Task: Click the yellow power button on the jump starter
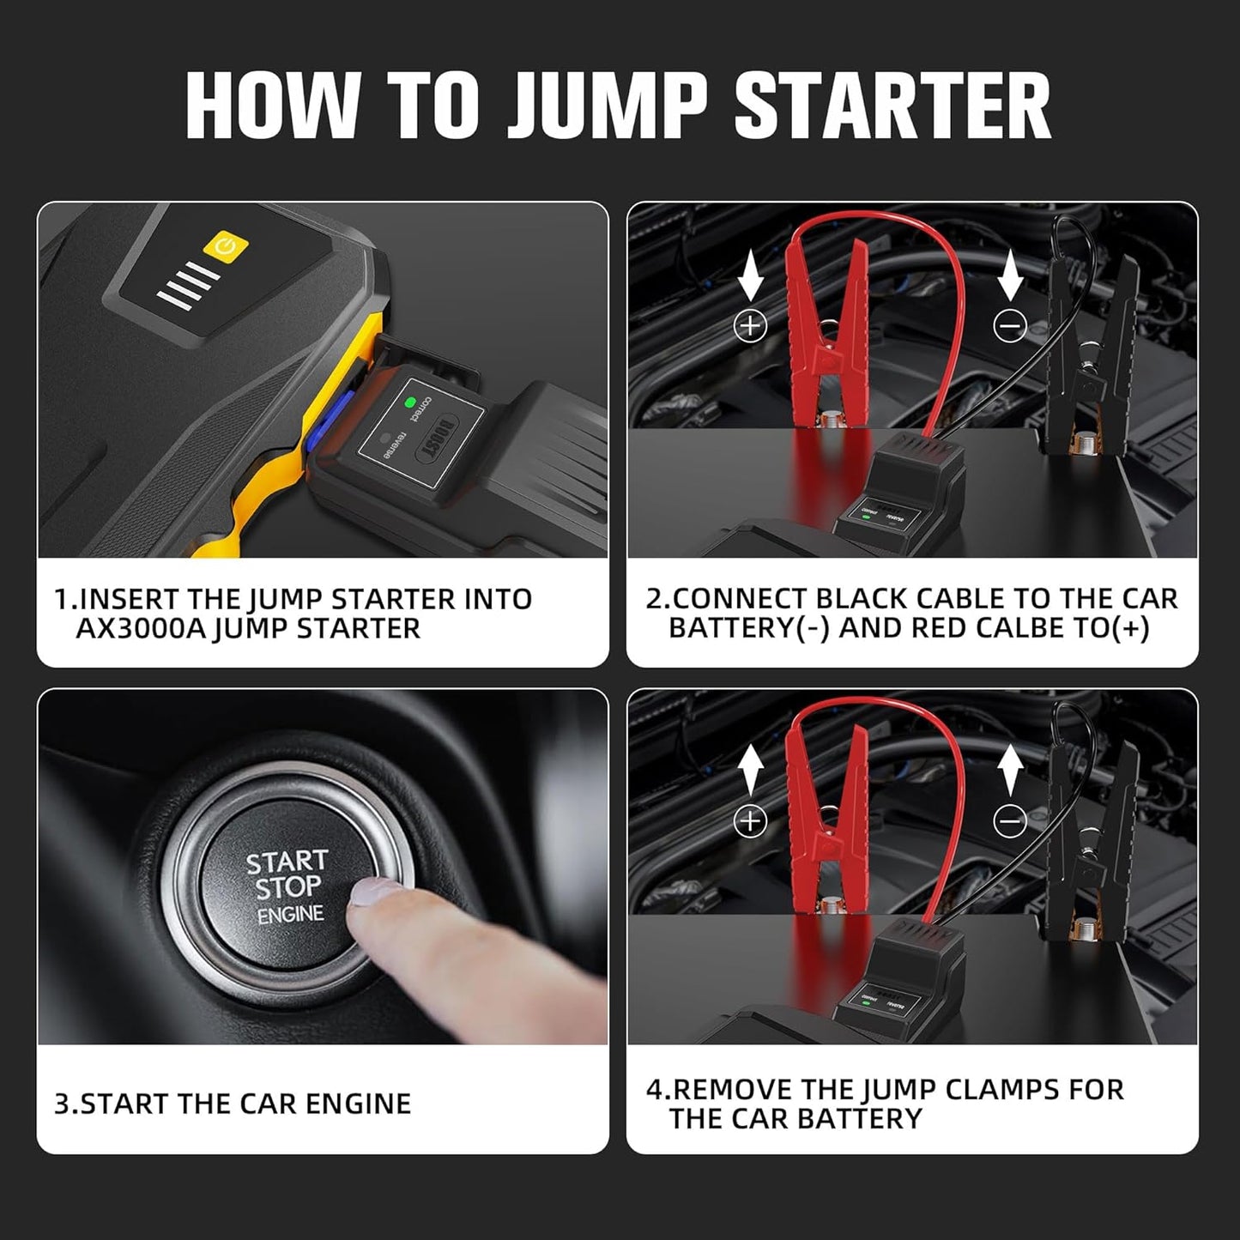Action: [226, 247]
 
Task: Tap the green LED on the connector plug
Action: [410, 401]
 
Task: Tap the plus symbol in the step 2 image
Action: [751, 325]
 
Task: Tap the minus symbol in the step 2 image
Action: [1009, 326]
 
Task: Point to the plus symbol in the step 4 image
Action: [751, 821]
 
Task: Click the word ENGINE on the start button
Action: [291, 915]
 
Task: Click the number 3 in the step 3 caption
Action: [61, 1104]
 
